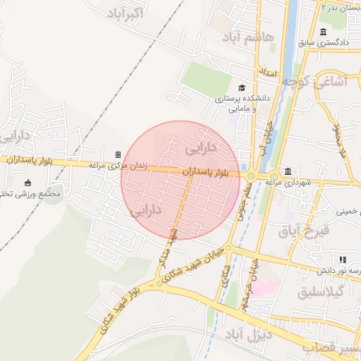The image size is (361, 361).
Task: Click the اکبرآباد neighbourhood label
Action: [x=127, y=13]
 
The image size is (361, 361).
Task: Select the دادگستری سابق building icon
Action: [x=323, y=32]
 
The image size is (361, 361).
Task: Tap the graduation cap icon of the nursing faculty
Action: [x=243, y=88]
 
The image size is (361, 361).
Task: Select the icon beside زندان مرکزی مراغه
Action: [x=118, y=154]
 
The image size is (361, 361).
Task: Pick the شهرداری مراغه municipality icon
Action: [x=288, y=171]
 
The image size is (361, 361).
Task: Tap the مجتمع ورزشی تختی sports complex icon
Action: [x=27, y=183]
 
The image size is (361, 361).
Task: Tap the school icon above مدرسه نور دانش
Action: [x=343, y=259]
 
